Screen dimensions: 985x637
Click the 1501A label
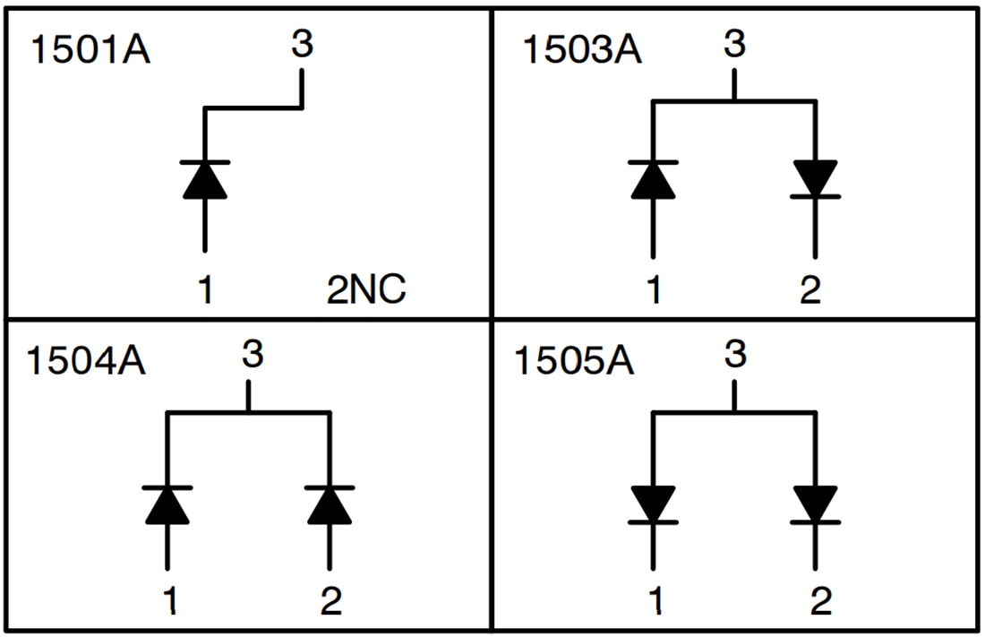click(90, 50)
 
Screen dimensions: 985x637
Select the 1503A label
click(581, 50)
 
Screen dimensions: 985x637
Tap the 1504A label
click(86, 364)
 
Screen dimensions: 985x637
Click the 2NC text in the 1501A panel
click(365, 290)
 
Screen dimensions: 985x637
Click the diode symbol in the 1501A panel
click(205, 179)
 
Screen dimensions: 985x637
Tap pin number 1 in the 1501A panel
click(205, 290)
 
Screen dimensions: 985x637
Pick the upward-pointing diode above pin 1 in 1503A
click(653, 179)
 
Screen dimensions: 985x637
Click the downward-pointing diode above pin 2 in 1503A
click(814, 179)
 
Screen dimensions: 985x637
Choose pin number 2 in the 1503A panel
click(810, 290)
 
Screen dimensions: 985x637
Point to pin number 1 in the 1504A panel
click(169, 602)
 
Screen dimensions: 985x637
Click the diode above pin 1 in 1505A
click(653, 504)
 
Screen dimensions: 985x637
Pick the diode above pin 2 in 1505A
click(814, 504)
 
